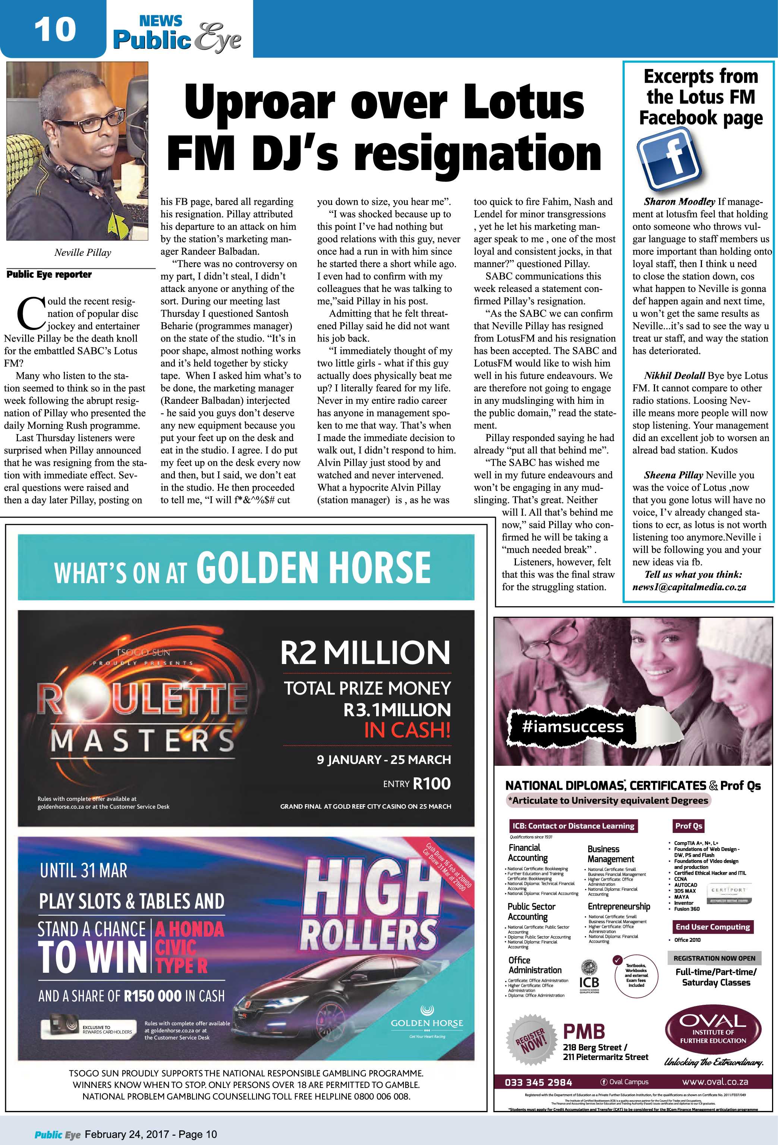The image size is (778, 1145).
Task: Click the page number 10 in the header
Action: pyautogui.click(x=55, y=29)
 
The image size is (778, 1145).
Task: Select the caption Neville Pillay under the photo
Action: pyautogui.click(x=82, y=253)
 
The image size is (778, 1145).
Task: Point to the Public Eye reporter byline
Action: pyautogui.click(x=49, y=274)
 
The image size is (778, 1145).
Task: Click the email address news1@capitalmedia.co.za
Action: pyautogui.click(x=689, y=587)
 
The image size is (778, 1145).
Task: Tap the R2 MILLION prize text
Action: pyautogui.click(x=365, y=653)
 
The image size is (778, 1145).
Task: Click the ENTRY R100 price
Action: pyautogui.click(x=416, y=784)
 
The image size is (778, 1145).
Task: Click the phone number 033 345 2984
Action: pyautogui.click(x=538, y=1082)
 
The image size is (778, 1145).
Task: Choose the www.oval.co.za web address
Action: pyautogui.click(x=715, y=1082)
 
